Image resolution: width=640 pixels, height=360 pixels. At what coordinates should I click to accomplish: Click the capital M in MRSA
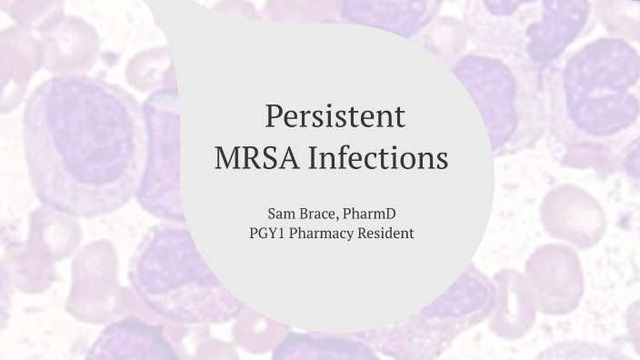click(x=229, y=159)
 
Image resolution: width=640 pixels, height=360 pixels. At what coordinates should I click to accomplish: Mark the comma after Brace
click(x=340, y=217)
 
